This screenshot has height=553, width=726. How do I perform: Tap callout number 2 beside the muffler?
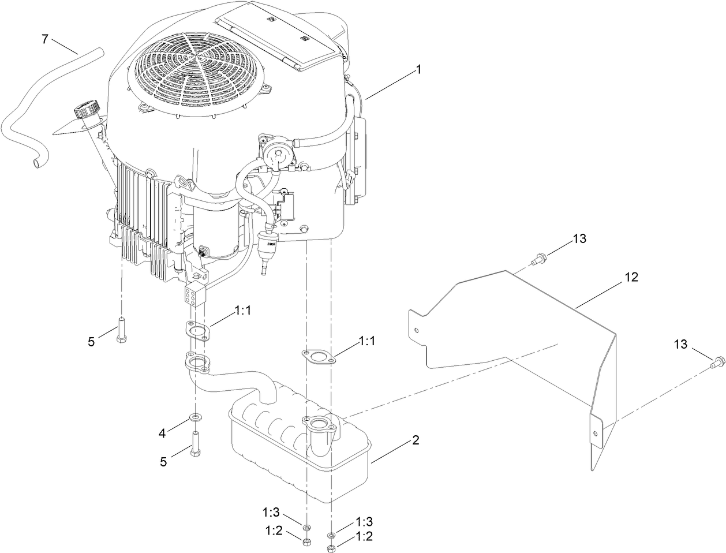[x=415, y=440]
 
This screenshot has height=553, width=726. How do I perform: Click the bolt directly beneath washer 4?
[x=195, y=443]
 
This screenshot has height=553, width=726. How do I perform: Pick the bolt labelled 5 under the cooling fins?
[x=122, y=330]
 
